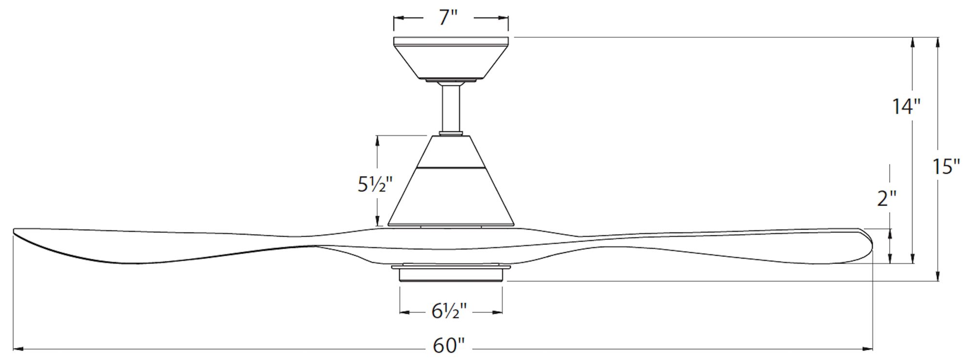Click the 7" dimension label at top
[449, 17]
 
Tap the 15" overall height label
[946, 167]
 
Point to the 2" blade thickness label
[887, 198]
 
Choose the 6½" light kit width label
[449, 311]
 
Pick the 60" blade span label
[449, 346]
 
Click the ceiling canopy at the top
[451, 59]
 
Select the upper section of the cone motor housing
[451, 152]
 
